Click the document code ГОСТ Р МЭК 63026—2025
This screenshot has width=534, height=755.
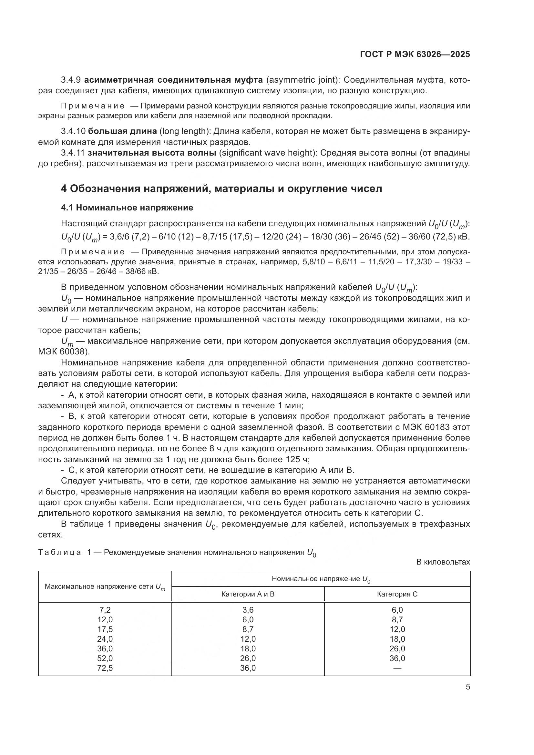(415, 55)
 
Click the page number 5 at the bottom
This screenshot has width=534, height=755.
(467, 687)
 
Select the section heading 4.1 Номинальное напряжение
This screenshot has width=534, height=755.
(127, 208)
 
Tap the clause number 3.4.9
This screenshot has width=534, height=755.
(71, 80)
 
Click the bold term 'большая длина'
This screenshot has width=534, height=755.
(123, 131)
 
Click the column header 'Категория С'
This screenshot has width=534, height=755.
(397, 594)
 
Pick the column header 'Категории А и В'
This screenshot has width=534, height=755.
(248, 594)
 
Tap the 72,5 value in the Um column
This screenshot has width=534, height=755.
(105, 668)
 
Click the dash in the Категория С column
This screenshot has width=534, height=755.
(397, 668)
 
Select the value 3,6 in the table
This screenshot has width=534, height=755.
(248, 610)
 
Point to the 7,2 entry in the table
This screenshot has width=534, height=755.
(105, 610)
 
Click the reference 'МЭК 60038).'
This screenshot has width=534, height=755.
(64, 352)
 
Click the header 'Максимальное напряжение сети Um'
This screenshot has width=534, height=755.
(105, 587)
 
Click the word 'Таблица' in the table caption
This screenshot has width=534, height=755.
(59, 552)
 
